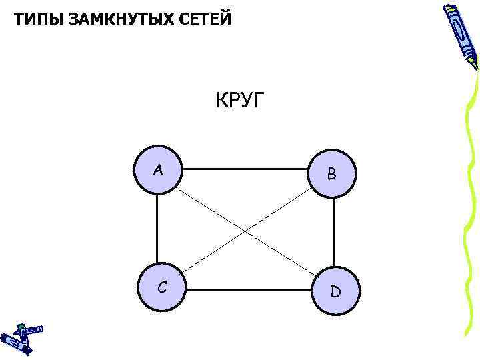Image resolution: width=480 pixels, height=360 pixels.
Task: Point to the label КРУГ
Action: click(240, 101)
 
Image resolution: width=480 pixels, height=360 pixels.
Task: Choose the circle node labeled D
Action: click(335, 291)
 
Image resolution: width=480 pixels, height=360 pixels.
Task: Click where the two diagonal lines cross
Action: click(246, 230)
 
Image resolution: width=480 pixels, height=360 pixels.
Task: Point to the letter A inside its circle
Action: click(157, 170)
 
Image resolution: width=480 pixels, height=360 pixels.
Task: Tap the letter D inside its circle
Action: click(335, 292)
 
